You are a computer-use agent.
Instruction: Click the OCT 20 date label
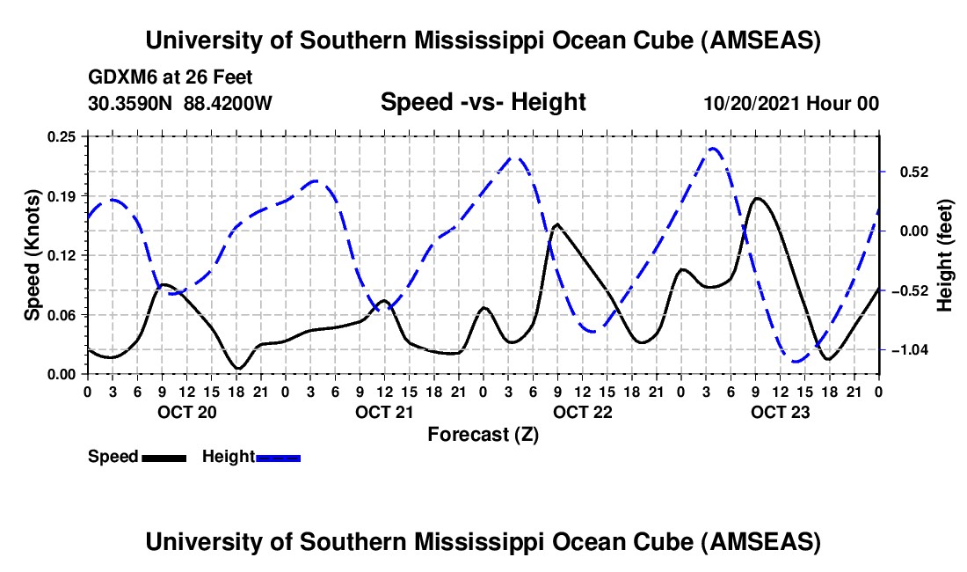click(186, 412)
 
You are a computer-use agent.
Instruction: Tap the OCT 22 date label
click(582, 412)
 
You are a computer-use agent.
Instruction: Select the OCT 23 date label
click(780, 412)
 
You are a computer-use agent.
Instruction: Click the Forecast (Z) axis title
click(483, 434)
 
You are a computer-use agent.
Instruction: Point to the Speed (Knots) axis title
click(33, 255)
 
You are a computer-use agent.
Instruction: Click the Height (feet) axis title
click(945, 255)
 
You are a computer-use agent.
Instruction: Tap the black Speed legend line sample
click(163, 457)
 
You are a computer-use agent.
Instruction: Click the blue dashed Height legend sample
click(278, 457)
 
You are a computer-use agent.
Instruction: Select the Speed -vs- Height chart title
click(483, 103)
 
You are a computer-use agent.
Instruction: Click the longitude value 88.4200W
click(228, 104)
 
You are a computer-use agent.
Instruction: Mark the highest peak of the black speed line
click(758, 198)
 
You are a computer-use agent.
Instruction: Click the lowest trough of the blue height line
click(796, 361)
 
